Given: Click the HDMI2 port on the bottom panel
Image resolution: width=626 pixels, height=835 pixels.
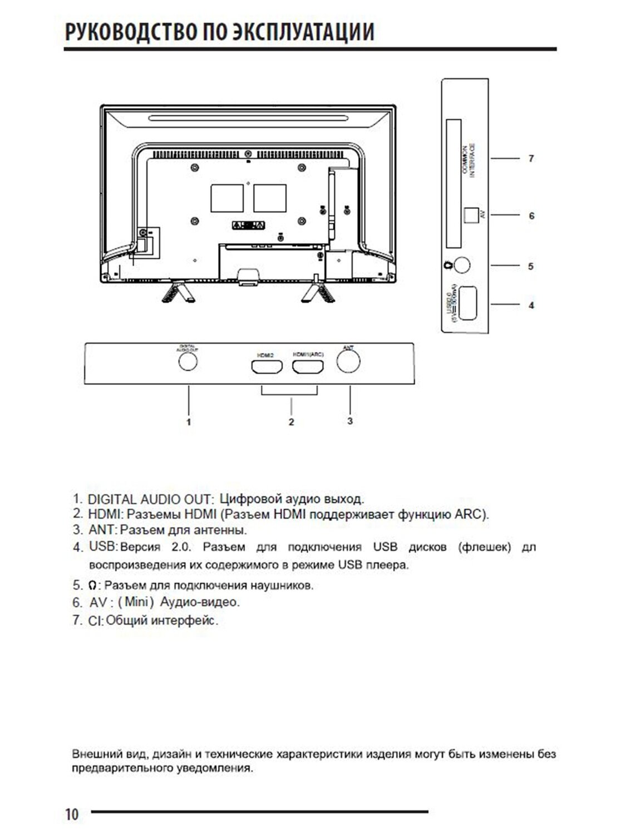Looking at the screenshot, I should click(267, 367).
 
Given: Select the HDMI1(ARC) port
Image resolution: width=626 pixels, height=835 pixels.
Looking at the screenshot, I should click(308, 367).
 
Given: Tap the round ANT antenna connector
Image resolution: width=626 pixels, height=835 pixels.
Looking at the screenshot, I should click(348, 362).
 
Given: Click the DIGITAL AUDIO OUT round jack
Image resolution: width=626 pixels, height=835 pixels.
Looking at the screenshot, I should click(188, 361).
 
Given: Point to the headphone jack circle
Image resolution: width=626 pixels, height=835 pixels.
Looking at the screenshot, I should click(462, 265).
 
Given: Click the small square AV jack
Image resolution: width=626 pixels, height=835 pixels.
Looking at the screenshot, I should click(471, 214).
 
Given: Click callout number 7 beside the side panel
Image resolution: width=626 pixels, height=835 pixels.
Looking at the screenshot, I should click(531, 159).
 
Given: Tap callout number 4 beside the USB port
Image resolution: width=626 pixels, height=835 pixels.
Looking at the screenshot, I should click(531, 305).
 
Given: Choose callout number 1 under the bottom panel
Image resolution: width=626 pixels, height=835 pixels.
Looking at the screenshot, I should click(189, 422).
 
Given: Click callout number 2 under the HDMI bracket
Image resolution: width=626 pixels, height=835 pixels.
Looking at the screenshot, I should click(291, 422).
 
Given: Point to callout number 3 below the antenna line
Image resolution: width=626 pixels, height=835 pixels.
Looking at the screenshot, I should click(350, 421).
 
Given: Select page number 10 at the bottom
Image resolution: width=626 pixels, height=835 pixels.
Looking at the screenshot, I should click(72, 814).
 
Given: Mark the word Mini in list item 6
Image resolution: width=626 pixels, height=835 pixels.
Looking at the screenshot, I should click(135, 602).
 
